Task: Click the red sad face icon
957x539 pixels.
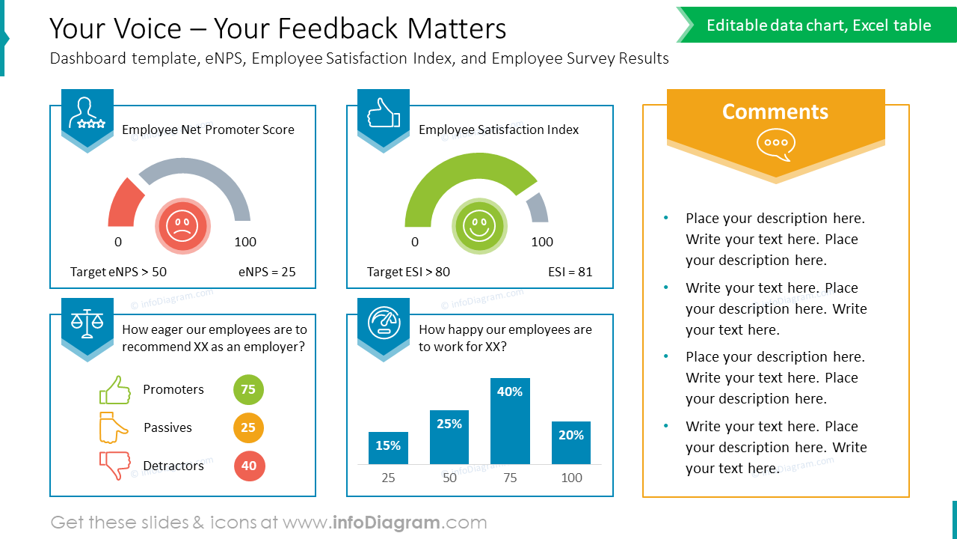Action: click(x=182, y=225)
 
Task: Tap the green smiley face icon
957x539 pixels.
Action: click(x=479, y=225)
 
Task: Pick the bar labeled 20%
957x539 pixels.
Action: click(x=571, y=442)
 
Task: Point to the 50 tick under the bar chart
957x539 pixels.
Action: click(x=449, y=478)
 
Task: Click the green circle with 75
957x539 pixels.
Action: click(x=248, y=389)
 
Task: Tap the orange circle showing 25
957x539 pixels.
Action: click(x=248, y=427)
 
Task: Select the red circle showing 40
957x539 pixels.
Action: click(x=249, y=466)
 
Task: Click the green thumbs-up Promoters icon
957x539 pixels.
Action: click(x=114, y=390)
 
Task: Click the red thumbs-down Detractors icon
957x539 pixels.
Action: click(x=114, y=465)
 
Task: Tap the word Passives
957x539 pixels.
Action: click(x=167, y=427)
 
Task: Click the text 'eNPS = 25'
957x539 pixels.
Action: click(x=267, y=272)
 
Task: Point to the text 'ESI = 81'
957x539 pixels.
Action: click(x=570, y=272)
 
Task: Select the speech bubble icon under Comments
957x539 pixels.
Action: click(x=775, y=144)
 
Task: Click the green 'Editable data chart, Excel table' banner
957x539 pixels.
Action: click(x=819, y=25)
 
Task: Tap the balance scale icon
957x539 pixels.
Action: click(x=87, y=323)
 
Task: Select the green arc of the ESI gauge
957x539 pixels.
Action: click(x=456, y=173)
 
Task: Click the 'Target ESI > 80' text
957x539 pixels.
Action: click(x=408, y=272)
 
